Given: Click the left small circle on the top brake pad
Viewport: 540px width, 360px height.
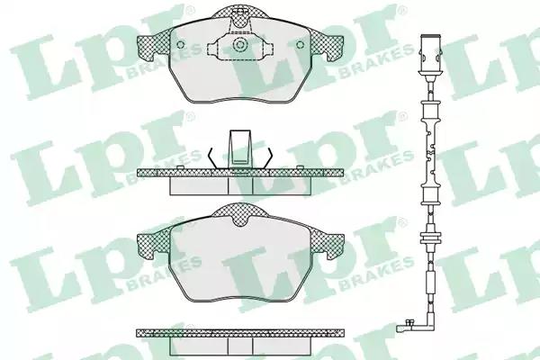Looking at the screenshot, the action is coord(180,44).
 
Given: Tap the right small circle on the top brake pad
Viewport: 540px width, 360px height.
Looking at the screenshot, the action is coord(301,44).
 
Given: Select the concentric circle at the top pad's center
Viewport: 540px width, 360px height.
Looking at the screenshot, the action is coord(239,45).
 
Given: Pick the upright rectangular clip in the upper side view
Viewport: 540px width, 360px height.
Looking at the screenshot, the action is coord(240,149).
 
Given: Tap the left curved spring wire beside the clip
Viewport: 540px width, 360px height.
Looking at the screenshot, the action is coord(212,158).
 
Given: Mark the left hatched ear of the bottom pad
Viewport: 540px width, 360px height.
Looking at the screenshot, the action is coord(154,245).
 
